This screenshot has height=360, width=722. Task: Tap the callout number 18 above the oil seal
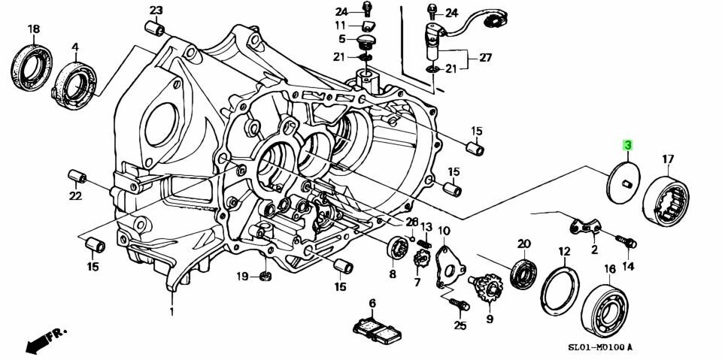pos(33,29)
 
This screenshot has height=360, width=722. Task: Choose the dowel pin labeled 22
pos(77,178)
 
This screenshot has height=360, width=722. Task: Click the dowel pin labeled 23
pos(157,29)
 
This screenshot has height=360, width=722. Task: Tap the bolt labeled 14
pos(626,241)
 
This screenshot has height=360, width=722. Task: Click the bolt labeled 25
pos(459,304)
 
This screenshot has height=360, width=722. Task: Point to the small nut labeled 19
pos(265,277)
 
